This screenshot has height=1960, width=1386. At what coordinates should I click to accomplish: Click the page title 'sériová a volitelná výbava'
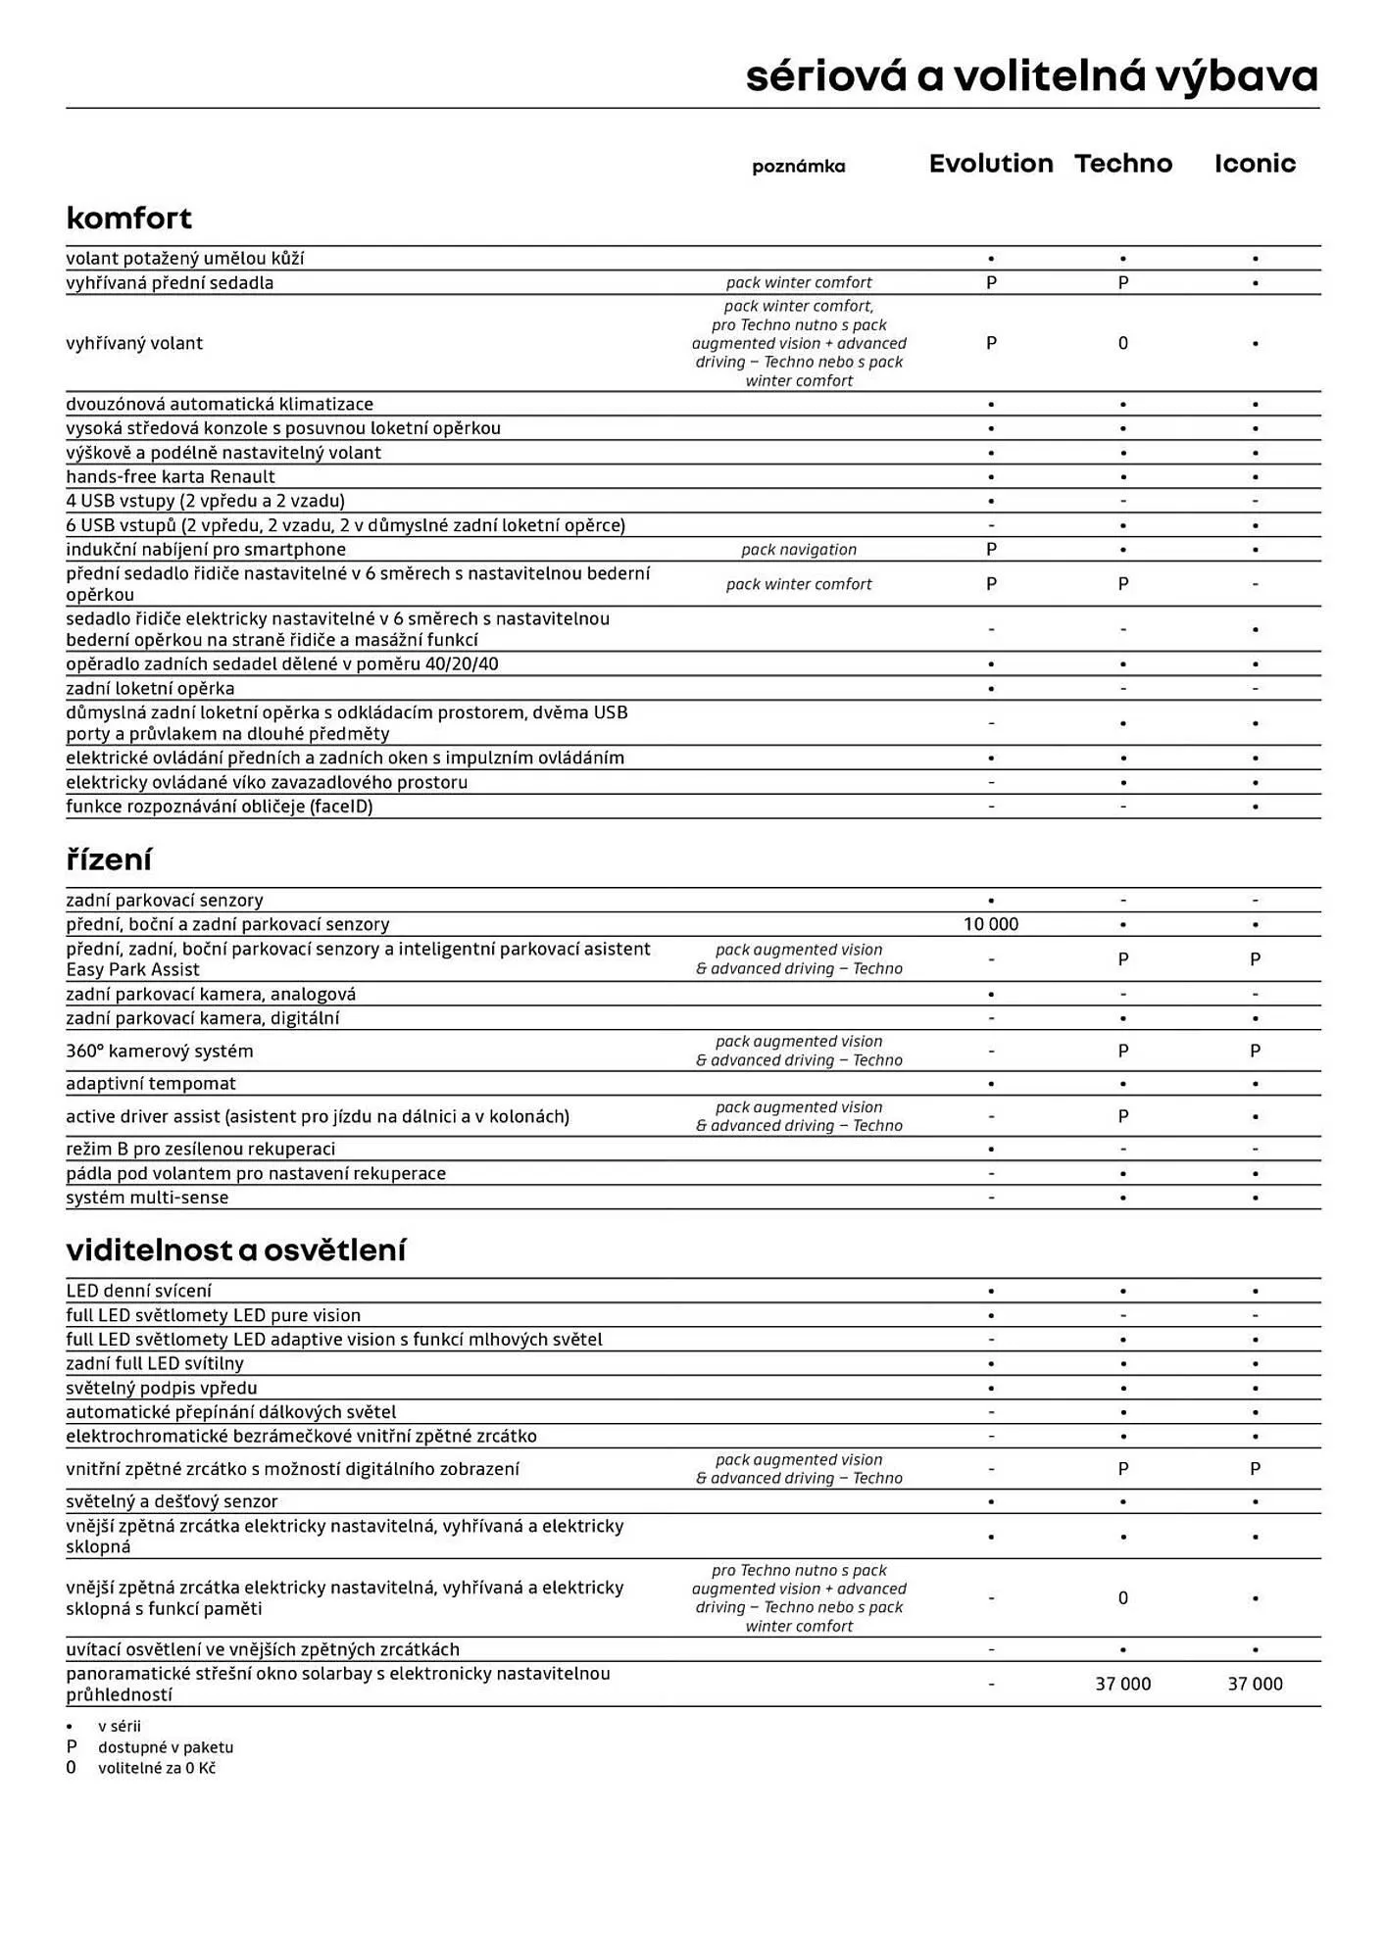tap(1031, 76)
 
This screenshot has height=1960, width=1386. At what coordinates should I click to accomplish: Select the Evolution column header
tap(991, 164)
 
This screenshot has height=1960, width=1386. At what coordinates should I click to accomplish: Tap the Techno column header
tap(1123, 164)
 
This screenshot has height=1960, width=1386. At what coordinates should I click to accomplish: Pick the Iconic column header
tap(1255, 164)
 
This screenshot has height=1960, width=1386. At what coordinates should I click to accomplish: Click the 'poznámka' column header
tap(798, 167)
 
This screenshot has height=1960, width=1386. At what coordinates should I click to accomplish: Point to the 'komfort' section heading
tap(128, 218)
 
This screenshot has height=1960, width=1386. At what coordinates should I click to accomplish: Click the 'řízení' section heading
tap(109, 859)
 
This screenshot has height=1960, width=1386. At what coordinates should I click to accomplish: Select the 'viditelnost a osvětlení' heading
tap(235, 1249)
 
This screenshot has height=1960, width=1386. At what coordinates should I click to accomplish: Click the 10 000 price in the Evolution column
tap(991, 924)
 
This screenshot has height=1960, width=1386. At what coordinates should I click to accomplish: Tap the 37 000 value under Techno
tap(1123, 1684)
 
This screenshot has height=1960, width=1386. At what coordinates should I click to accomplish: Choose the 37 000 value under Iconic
tap(1255, 1684)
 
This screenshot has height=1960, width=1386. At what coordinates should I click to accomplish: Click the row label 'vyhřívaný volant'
tap(134, 343)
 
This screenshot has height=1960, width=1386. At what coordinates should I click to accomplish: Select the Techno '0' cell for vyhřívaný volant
tap(1123, 343)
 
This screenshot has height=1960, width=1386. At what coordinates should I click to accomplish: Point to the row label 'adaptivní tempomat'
tap(151, 1083)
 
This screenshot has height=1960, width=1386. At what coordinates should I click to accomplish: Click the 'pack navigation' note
tap(799, 550)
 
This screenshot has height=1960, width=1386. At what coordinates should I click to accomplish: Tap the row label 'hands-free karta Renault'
tap(171, 476)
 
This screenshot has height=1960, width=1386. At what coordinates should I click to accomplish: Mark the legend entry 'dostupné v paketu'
tap(166, 1746)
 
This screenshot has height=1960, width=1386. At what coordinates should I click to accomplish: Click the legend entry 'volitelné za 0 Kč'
tap(157, 1768)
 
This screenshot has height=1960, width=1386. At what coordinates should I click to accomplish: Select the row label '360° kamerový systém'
tap(160, 1051)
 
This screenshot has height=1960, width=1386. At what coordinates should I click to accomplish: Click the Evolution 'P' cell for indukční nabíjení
tap(991, 550)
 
